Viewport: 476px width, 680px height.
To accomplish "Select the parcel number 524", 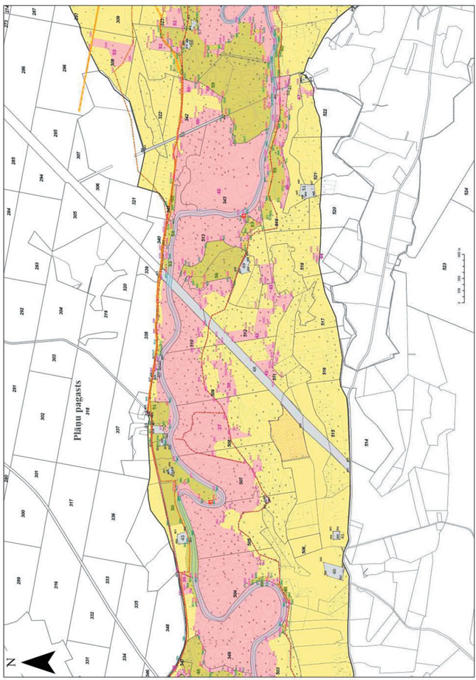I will point(466,189).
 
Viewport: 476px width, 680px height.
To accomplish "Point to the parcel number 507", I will point(241,480).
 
